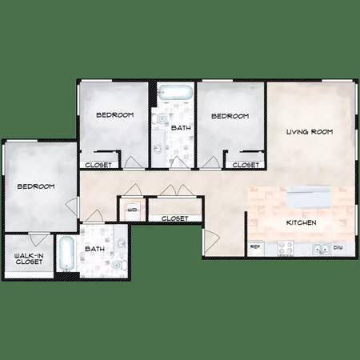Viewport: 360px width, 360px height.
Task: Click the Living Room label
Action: pos(310,132)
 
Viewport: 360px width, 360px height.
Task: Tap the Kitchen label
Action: pos(302,222)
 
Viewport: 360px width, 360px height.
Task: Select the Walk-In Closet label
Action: pos(29,259)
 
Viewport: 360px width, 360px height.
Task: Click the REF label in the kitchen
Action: pos(255,247)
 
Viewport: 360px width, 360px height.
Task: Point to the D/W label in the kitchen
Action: pos(338,248)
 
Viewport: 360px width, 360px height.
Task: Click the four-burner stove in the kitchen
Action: pos(286,248)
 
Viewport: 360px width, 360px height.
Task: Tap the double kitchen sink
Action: pos(322,250)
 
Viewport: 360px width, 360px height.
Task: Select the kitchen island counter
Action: pos(309,198)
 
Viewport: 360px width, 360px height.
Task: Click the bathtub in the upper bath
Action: pos(175,92)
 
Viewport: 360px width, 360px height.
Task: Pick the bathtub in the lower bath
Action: pos(66,254)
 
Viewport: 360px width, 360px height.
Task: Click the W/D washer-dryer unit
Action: pos(133,210)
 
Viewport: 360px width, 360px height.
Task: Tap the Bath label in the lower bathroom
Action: pos(94,249)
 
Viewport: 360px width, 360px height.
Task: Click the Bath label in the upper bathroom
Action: pos(181,128)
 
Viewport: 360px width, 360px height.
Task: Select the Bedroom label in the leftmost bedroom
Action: pos(36,186)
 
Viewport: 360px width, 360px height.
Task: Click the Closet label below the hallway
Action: pos(174,218)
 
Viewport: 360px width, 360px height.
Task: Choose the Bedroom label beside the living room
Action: pos(230,116)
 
